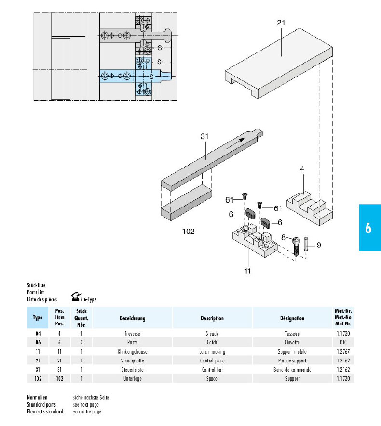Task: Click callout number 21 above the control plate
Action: coord(282,23)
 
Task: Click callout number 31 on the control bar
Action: coord(204,137)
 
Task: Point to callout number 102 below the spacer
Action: coord(188,232)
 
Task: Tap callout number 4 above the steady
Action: coord(302,169)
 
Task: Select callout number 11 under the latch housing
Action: coord(247,271)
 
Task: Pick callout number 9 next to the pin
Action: coord(319,245)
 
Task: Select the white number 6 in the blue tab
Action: coord(368,228)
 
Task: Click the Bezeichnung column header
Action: coord(132,318)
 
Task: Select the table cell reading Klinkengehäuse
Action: coord(132,352)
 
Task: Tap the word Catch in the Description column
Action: coord(212,342)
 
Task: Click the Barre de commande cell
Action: coord(292,370)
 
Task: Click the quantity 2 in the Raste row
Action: coord(82,342)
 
